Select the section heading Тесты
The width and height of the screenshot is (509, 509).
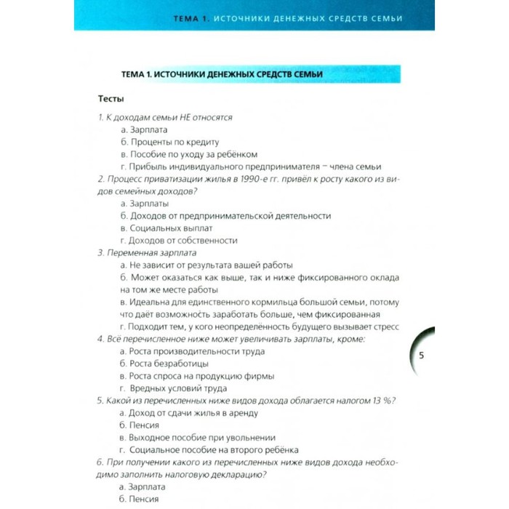(x=111, y=98)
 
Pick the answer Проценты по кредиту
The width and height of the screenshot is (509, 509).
(x=169, y=142)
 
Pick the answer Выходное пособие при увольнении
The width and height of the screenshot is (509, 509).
(x=196, y=438)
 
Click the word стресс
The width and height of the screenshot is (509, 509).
(x=387, y=326)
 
